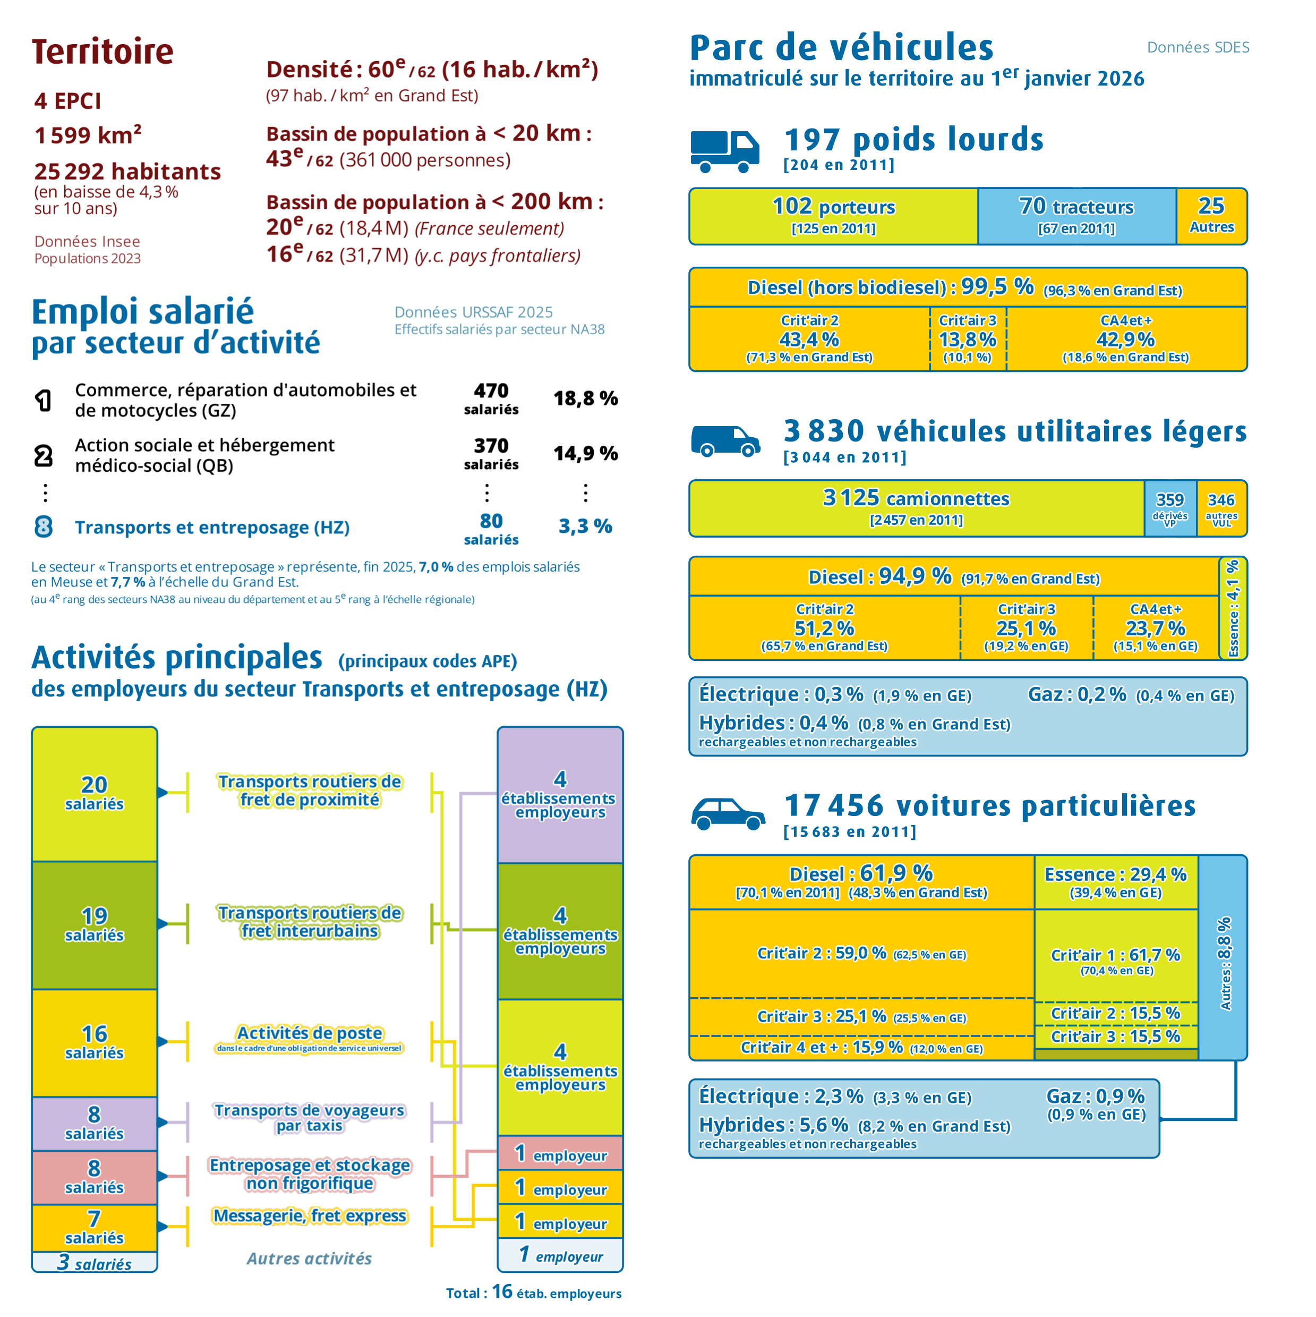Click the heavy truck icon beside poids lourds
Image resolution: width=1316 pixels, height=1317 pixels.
point(724,151)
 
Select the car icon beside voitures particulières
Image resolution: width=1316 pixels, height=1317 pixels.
point(728,813)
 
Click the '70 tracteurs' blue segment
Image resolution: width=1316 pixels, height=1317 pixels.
point(1077,216)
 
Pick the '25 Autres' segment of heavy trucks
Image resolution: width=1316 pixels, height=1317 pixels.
point(1212,216)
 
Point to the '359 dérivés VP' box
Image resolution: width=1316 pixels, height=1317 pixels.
point(1170,508)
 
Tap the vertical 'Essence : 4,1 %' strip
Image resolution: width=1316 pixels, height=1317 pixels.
point(1233,608)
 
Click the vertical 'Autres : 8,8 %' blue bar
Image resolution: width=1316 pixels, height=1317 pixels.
point(1223,958)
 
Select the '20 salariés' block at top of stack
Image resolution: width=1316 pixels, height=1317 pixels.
point(95,794)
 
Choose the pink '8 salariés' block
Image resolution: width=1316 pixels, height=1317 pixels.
point(95,1177)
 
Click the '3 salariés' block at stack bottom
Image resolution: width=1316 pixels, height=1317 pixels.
point(95,1262)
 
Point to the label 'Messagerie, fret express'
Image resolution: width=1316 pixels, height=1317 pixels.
point(310,1216)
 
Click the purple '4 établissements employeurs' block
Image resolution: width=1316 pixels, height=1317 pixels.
point(560,795)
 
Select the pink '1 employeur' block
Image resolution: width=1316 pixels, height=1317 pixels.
point(560,1153)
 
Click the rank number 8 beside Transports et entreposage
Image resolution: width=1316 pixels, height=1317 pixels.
point(44,526)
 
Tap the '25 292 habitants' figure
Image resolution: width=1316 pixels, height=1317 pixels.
point(127,171)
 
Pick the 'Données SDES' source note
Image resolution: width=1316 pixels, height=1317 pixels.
point(1198,47)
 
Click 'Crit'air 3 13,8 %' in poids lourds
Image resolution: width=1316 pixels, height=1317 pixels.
point(968,339)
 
